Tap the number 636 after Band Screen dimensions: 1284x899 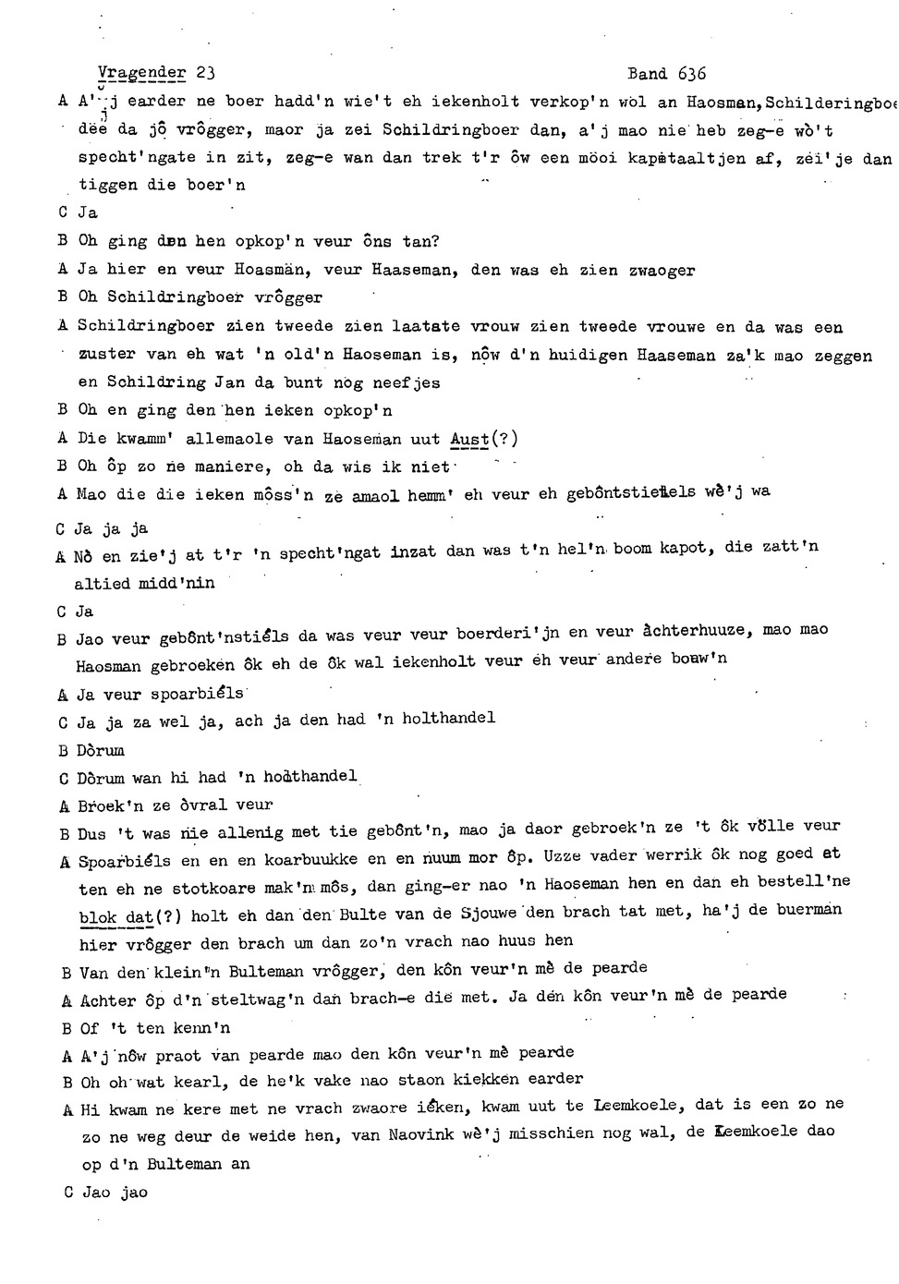click(x=690, y=74)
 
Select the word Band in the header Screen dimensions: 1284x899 click(x=646, y=74)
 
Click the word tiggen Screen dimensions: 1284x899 click(x=108, y=185)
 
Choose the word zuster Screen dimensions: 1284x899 click(x=107, y=355)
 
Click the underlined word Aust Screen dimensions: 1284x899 click(x=469, y=439)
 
